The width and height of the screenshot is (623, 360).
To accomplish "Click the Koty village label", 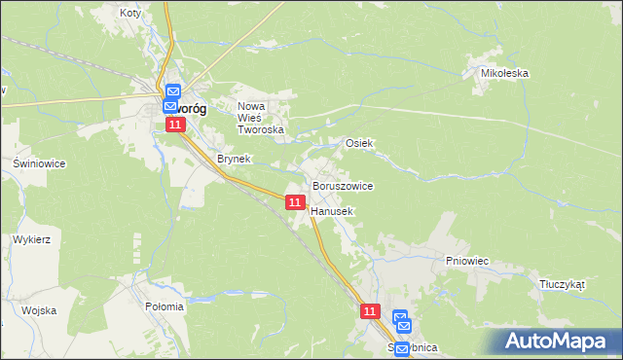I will (129, 13).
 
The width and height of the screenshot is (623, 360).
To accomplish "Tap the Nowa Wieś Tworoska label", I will (261, 117).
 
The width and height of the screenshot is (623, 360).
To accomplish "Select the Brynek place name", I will (235, 158).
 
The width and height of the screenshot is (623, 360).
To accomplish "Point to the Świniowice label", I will (39, 163).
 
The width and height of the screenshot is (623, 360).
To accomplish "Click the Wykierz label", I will (31, 238).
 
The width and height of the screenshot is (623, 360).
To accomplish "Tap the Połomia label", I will (165, 306).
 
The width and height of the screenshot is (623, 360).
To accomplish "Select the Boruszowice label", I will (342, 185).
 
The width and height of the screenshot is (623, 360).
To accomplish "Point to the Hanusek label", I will (332, 210).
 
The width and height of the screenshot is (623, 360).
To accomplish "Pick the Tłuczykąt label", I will (562, 285).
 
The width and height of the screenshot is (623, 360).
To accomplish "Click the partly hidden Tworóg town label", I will (190, 109).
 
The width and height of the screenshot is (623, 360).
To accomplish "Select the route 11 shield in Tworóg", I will (174, 126).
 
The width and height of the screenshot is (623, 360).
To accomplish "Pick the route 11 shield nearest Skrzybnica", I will (370, 311).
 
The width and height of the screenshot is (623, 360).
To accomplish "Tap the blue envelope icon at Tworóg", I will (172, 92).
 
